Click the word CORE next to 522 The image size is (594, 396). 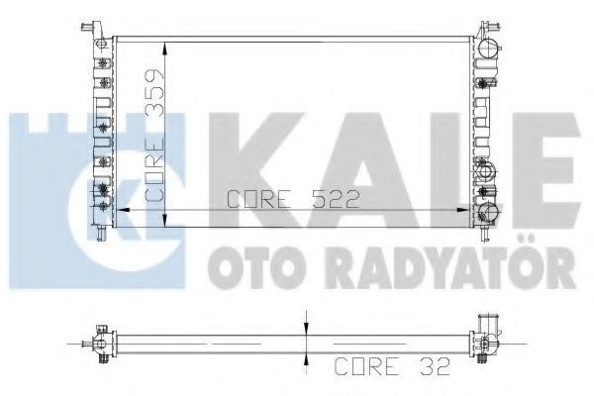[259, 199]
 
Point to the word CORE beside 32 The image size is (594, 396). [367, 366]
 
